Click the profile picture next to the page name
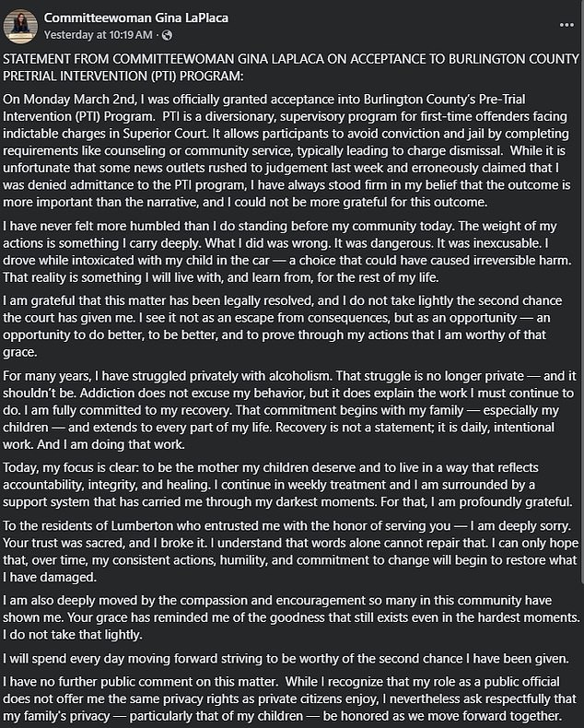tap(22, 26)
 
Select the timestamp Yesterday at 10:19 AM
tap(102, 35)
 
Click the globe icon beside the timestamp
tap(167, 35)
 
